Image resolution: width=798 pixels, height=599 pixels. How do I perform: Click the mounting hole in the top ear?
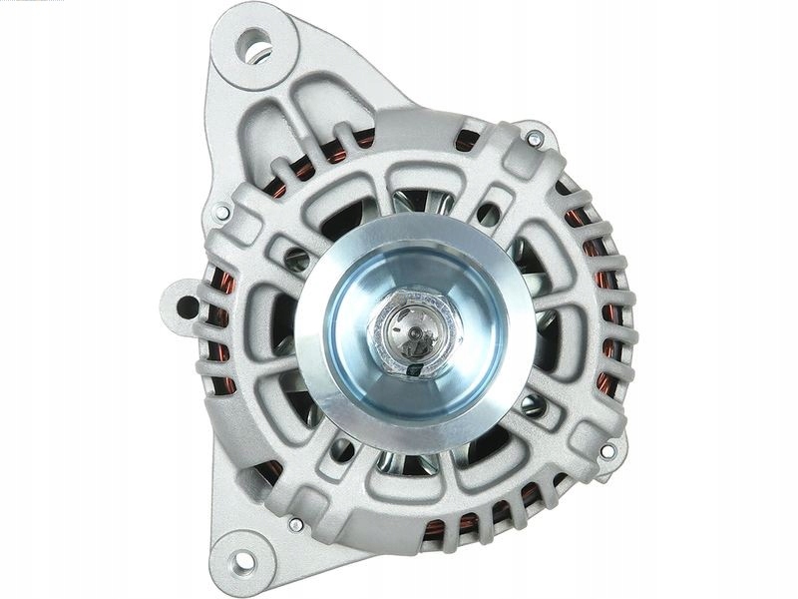point(254,45)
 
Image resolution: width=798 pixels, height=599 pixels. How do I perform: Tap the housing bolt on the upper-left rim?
point(221,213)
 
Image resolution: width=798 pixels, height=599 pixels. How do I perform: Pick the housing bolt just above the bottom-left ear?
point(295,523)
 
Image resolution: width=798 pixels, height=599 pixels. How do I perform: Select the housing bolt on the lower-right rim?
point(607,450)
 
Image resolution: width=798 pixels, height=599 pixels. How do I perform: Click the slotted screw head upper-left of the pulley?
point(297,259)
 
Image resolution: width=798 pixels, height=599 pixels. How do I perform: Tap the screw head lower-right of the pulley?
point(532,404)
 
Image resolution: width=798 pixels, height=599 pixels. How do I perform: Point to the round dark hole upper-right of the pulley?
point(488,214)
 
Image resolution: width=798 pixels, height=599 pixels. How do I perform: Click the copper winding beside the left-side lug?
point(220,329)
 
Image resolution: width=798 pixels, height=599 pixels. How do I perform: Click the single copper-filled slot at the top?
point(466,140)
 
